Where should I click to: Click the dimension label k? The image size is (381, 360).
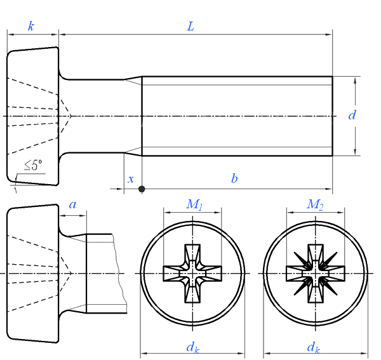(x=31, y=26)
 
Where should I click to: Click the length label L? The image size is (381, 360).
(x=190, y=26)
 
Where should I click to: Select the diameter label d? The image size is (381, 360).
(x=352, y=116)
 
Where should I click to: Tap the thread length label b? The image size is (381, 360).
(x=234, y=179)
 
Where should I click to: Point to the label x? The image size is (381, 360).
(x=131, y=180)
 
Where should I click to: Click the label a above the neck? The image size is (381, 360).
(x=72, y=204)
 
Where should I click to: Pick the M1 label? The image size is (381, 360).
(x=194, y=204)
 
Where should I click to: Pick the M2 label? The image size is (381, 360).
(x=315, y=204)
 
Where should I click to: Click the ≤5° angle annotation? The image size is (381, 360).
(x=34, y=166)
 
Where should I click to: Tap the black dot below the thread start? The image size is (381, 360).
(x=142, y=189)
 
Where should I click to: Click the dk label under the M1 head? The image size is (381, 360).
(x=191, y=347)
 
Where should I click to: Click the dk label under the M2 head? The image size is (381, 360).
(x=313, y=347)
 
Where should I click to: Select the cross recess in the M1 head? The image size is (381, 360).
(x=192, y=273)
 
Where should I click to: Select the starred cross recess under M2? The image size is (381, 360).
(x=315, y=273)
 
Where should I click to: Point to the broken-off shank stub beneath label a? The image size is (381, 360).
(x=100, y=273)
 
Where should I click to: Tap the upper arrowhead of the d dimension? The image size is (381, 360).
(x=356, y=80)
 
